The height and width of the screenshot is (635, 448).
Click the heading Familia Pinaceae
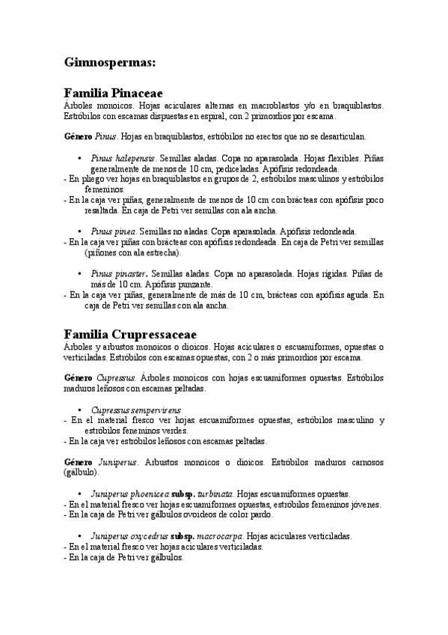click(x=113, y=94)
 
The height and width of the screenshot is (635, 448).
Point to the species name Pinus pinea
click(x=114, y=231)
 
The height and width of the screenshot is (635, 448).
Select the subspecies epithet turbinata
click(x=216, y=494)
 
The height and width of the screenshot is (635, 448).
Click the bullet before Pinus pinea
click(x=79, y=231)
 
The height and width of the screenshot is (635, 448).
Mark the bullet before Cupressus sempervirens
click(x=79, y=410)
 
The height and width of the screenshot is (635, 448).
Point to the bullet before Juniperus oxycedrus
click(x=79, y=536)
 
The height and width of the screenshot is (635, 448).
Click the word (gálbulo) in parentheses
click(x=82, y=473)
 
